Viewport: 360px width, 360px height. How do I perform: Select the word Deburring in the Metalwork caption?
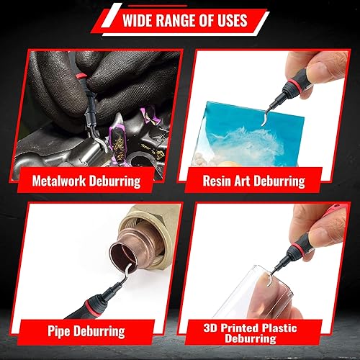115,180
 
